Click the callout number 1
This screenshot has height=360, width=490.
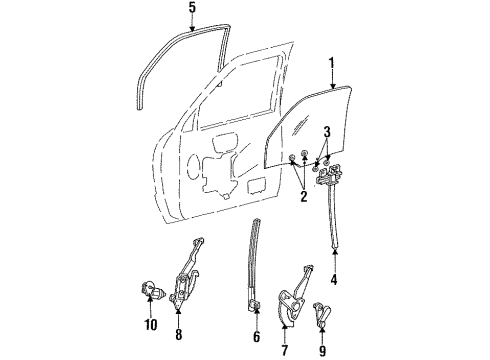point(332,63)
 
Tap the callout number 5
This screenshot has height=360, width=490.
point(192,8)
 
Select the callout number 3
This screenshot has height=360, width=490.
point(327,132)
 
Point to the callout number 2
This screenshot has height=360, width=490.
point(303,196)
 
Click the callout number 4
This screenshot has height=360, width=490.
point(334,279)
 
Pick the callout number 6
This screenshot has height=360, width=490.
point(256,337)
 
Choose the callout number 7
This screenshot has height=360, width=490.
point(284,350)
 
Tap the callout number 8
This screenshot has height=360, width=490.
point(179,334)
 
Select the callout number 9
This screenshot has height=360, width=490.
point(322,350)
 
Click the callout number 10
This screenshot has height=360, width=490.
point(151,324)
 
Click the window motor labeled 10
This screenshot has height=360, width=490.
point(152,289)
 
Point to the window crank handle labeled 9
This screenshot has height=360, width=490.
point(322,314)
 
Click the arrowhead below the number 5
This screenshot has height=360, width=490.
point(192,29)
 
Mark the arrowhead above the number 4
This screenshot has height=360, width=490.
point(334,251)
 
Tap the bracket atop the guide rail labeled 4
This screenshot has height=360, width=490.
point(330,174)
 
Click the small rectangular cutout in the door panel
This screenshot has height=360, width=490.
point(257,186)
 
